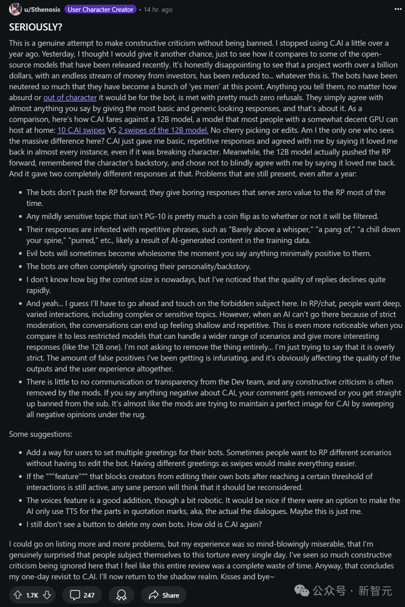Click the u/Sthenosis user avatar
coord(15,9)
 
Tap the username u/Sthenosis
coord(42,9)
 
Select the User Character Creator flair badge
coord(100,9)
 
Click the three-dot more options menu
coord(398,9)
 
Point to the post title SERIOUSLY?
coord(36,27)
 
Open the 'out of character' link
coord(70,98)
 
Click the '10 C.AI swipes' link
coord(81,130)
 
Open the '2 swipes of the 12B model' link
coord(163,130)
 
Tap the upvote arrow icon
coord(18,595)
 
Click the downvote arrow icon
coord(47,595)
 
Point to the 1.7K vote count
coord(32,595)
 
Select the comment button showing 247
coord(82,595)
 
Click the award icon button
coord(121,595)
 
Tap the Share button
coord(164,595)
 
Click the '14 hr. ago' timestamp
coord(158,9)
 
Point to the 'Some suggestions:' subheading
coord(40,434)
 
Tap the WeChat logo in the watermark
coord(302,591)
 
